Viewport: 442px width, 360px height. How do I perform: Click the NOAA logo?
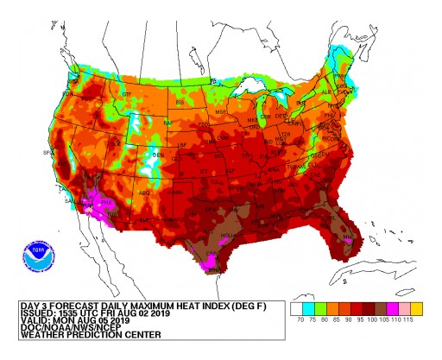tap(37, 256)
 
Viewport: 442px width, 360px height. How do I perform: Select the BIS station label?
tap(181, 101)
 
